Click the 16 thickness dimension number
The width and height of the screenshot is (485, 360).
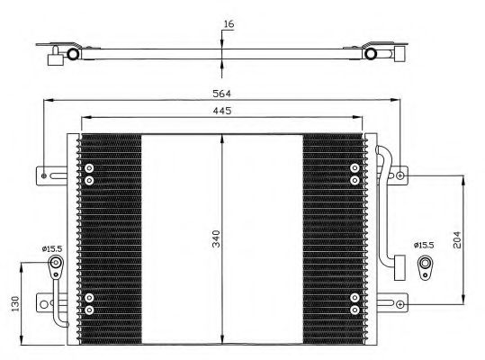coord(228,25)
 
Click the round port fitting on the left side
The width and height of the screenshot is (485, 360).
coord(56,265)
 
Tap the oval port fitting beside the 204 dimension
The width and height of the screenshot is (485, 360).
coord(425,265)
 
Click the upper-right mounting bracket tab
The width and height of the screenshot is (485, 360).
coord(397,174)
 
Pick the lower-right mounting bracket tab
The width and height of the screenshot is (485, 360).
coord(397,301)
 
